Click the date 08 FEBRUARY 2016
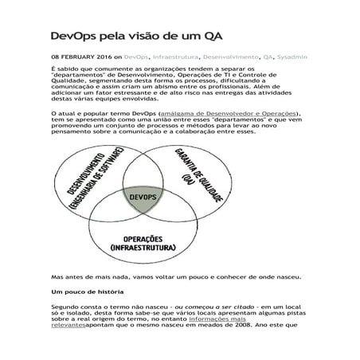click(x=80, y=57)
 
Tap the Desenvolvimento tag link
click(x=232, y=57)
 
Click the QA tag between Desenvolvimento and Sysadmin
click(x=268, y=57)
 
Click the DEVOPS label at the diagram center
click(x=141, y=196)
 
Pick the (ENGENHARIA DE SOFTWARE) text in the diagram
click(x=93, y=187)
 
